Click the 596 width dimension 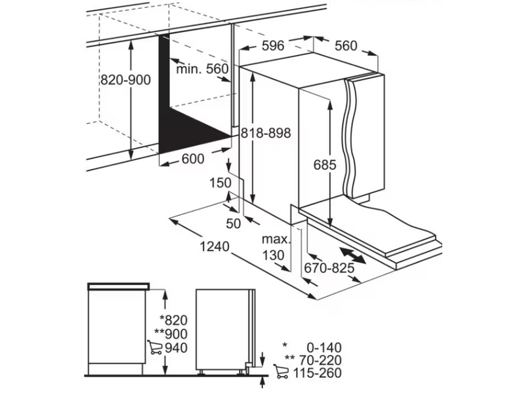(x=272, y=46)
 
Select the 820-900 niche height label (x=126, y=80)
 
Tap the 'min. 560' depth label (x=202, y=69)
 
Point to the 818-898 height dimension (x=266, y=134)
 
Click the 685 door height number (x=325, y=165)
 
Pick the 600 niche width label (x=193, y=159)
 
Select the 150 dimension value (x=220, y=183)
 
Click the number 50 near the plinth (x=234, y=223)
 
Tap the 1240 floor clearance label (x=215, y=246)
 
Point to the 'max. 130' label (x=276, y=248)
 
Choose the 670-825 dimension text (x=329, y=268)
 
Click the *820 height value (x=173, y=320)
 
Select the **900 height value (x=171, y=334)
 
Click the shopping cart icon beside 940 (x=154, y=347)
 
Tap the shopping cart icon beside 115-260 (x=281, y=371)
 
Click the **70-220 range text (x=313, y=360)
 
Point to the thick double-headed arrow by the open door (x=352, y=255)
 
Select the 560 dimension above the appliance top (x=346, y=46)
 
